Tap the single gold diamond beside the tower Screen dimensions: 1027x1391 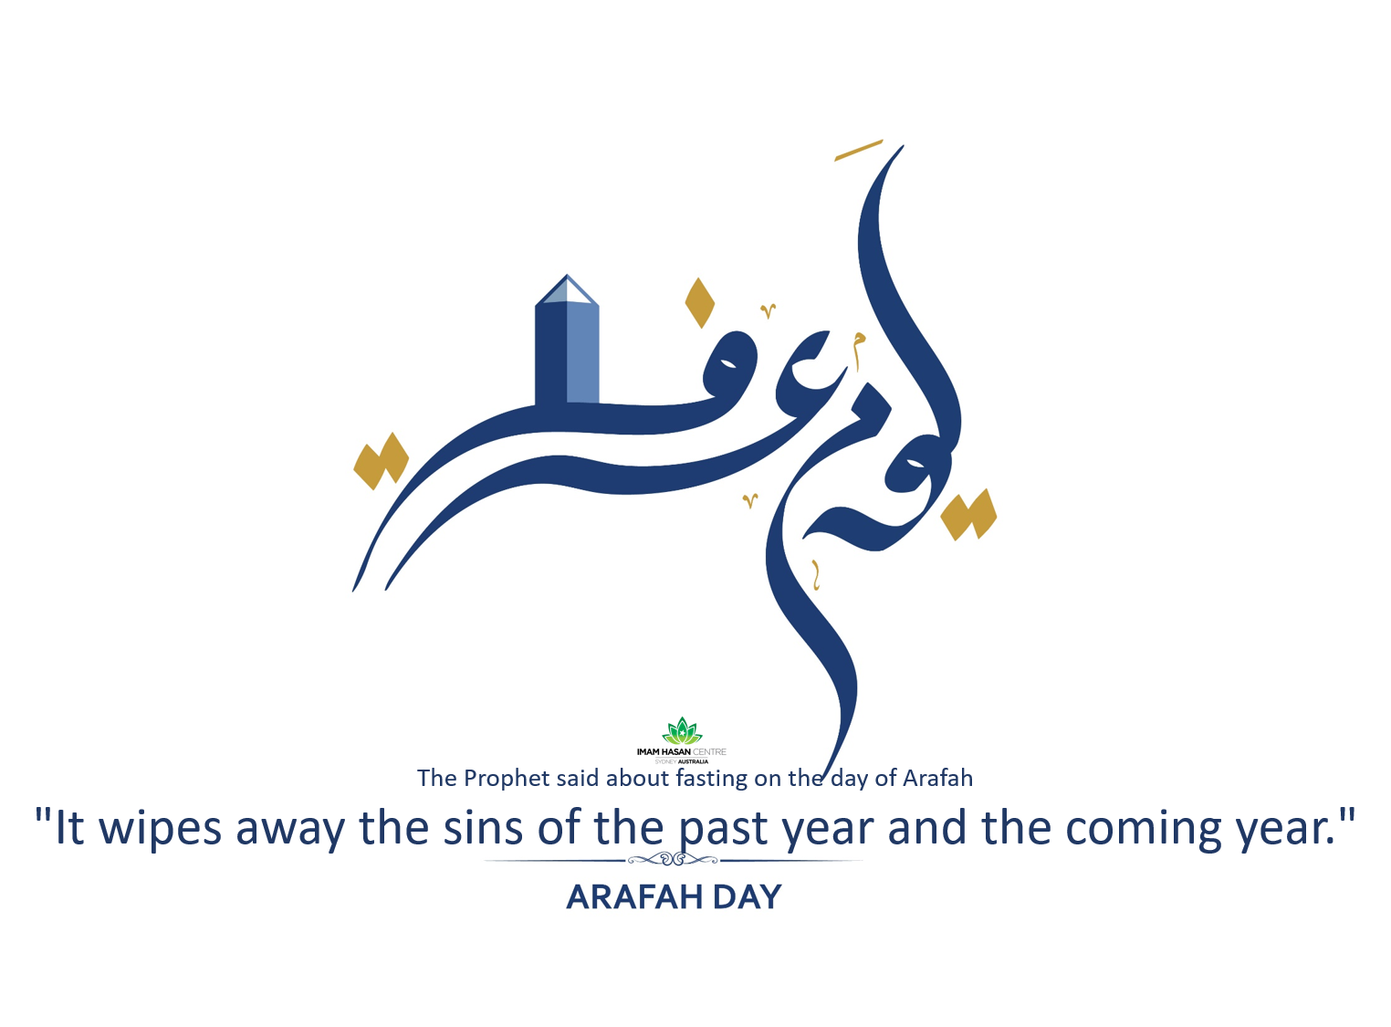coord(699,303)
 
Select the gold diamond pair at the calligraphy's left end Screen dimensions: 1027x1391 coord(381,461)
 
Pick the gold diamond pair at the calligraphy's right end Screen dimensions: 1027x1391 coord(968,515)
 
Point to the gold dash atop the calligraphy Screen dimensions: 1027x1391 coord(858,151)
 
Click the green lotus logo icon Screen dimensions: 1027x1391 coord(682,731)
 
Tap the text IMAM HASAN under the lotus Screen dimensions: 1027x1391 coord(664,752)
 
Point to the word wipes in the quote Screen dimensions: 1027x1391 coord(160,829)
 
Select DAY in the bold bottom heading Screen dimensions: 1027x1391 coord(747,897)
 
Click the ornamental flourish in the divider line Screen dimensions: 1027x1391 coord(674,859)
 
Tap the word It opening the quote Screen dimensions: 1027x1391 coord(69,828)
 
